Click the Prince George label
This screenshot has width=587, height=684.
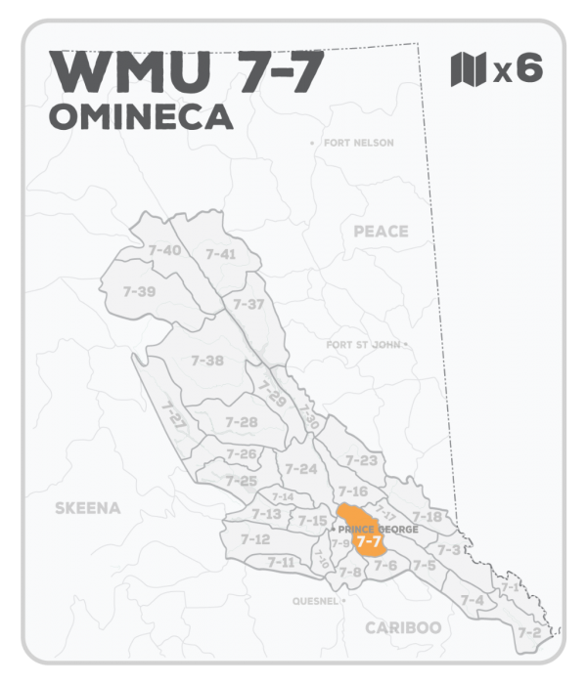click(378, 529)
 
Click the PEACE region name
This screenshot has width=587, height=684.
click(380, 231)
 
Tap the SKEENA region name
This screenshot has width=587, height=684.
click(88, 507)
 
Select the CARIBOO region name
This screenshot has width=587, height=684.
click(403, 627)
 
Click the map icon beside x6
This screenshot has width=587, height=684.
click(467, 70)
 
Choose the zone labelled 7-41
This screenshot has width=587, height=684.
click(221, 254)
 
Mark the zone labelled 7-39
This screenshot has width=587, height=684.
click(140, 291)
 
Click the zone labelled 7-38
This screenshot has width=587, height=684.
click(207, 361)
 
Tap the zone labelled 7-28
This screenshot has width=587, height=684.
click(241, 422)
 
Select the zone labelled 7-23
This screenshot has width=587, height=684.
click(362, 460)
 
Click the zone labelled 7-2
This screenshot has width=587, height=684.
click(529, 632)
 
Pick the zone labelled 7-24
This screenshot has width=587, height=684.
click(301, 469)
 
